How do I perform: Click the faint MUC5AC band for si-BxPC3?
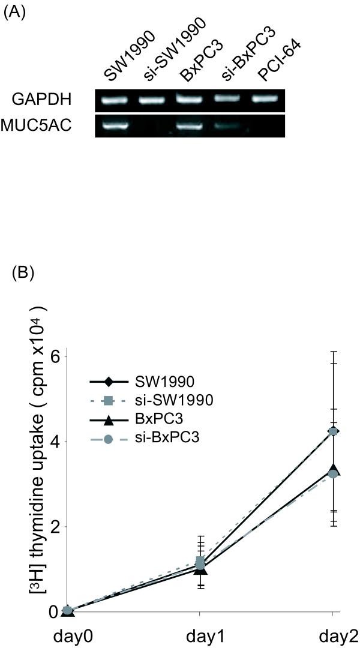[228, 127]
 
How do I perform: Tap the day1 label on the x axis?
[200, 635]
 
